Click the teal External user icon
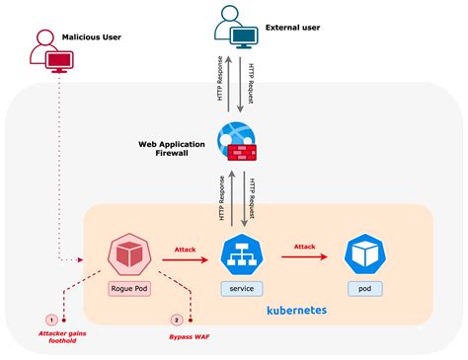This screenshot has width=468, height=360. click(237, 30)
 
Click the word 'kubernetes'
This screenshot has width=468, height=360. click(296, 310)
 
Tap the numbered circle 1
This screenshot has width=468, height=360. click(51, 321)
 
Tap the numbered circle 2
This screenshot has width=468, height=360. click(176, 321)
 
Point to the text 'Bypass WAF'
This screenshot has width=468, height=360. click(190, 336)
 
